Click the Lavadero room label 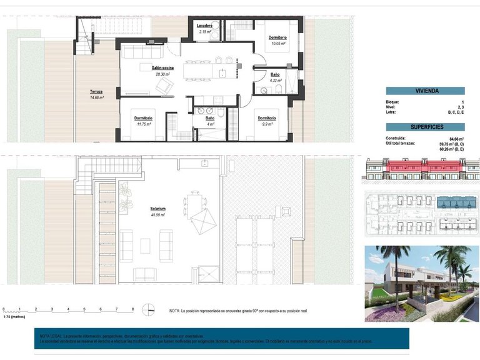tap(205, 25)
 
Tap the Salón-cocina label tap(162, 67)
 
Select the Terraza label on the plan tap(96, 91)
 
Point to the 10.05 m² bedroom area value tap(277, 44)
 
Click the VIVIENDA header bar tap(425, 91)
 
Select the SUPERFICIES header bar tap(425, 126)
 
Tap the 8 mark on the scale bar tap(132, 309)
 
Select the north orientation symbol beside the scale tap(149, 309)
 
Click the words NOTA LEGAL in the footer tap(51, 336)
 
